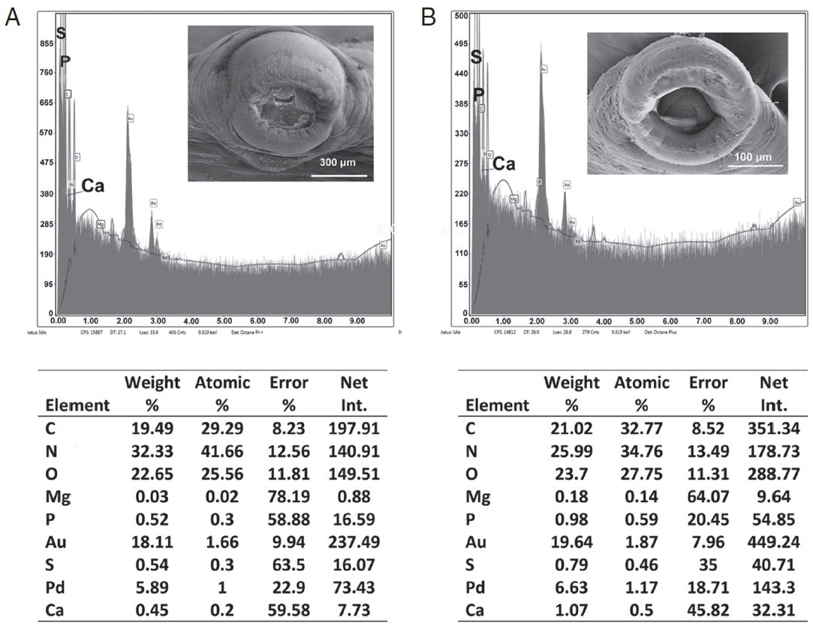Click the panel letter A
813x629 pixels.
click(13, 16)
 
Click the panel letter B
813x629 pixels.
click(429, 16)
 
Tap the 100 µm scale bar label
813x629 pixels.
click(753, 157)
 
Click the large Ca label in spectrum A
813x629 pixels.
click(93, 185)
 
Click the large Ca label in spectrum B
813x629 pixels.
click(504, 164)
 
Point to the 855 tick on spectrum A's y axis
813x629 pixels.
click(47, 44)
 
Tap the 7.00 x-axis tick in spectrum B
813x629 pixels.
click(703, 321)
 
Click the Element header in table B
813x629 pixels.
click(498, 405)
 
